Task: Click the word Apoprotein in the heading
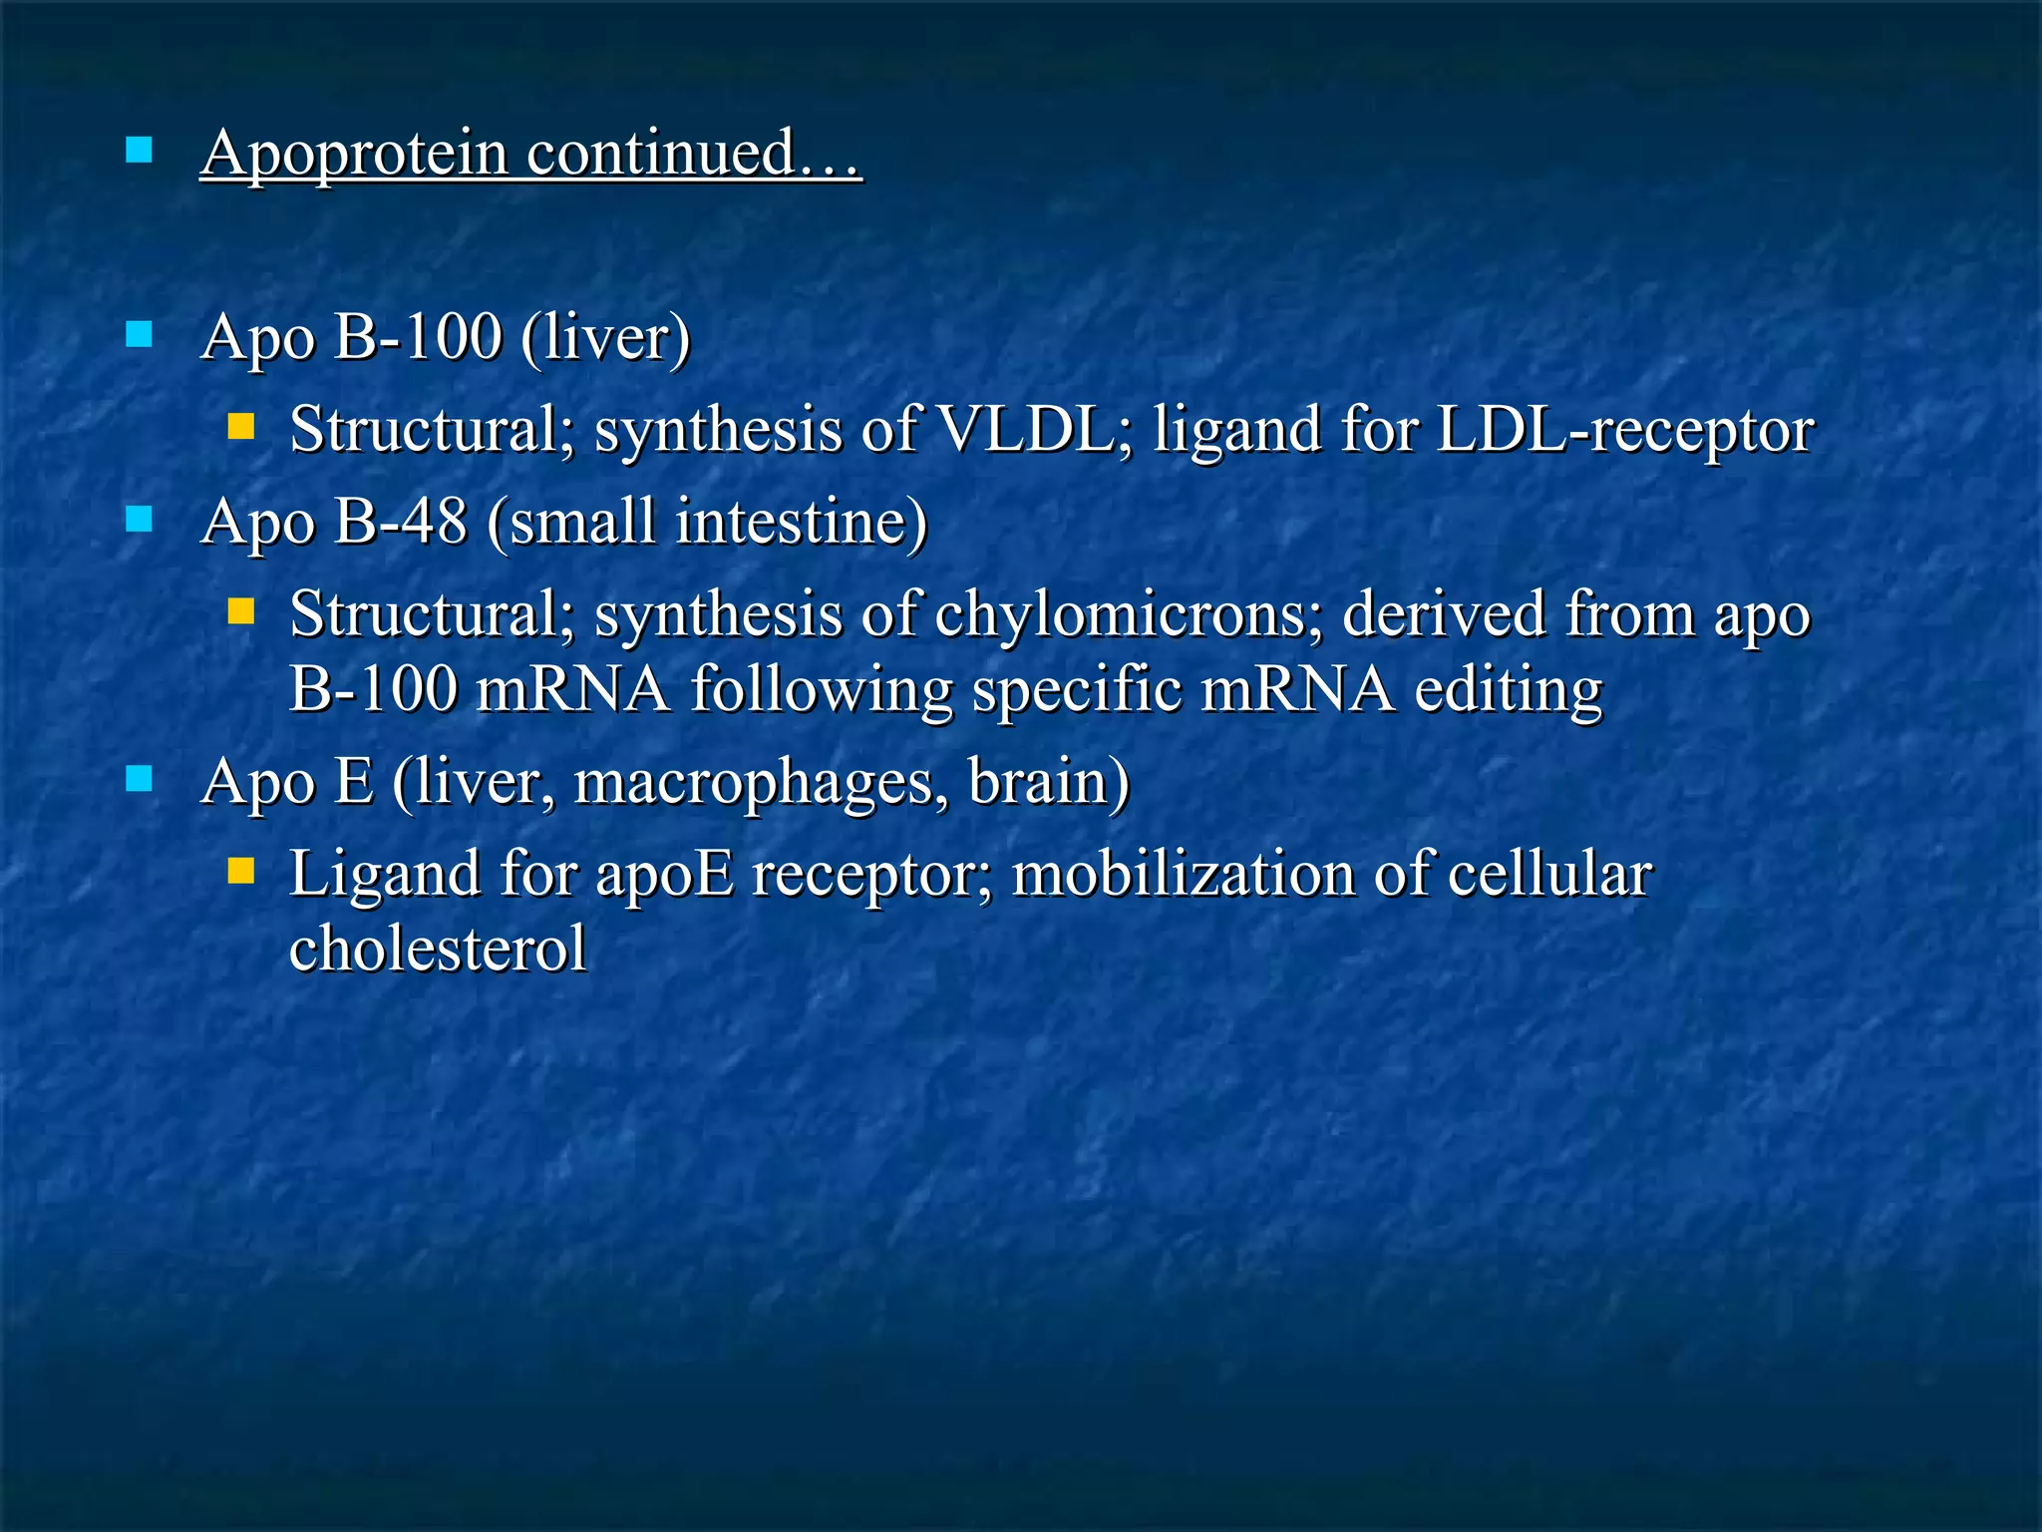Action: pyautogui.click(x=355, y=154)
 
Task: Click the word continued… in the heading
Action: pyautogui.click(x=693, y=154)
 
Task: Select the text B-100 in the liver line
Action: pyautogui.click(x=418, y=337)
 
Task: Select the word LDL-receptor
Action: pyautogui.click(x=1624, y=430)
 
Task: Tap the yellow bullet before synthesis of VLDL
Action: pyautogui.click(x=240, y=428)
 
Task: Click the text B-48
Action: pyautogui.click(x=400, y=522)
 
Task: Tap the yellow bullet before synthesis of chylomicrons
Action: pyautogui.click(x=240, y=610)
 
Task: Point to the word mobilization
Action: pyautogui.click(x=1183, y=875)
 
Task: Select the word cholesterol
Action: pyautogui.click(x=438, y=949)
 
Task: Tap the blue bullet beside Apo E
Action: pyautogui.click(x=140, y=779)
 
